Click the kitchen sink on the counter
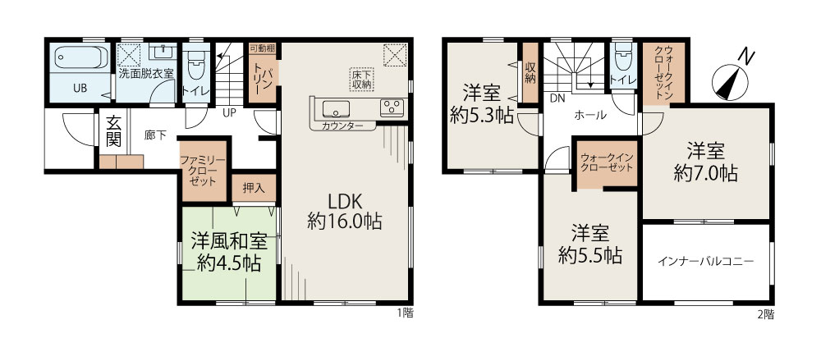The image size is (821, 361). coord(335,109)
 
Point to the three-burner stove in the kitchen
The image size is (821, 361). coord(392,107)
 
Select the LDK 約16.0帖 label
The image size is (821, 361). coord(344,212)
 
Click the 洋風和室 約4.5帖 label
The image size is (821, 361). coord(229,252)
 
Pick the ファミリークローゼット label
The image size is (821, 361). coord(204,171)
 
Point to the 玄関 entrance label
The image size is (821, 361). coord(113,131)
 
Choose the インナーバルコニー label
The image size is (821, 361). coord(706,261)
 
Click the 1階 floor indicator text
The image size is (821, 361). coord(405,314)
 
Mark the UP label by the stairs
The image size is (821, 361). coord(229,112)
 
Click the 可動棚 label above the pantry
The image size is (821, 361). coord(262,48)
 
